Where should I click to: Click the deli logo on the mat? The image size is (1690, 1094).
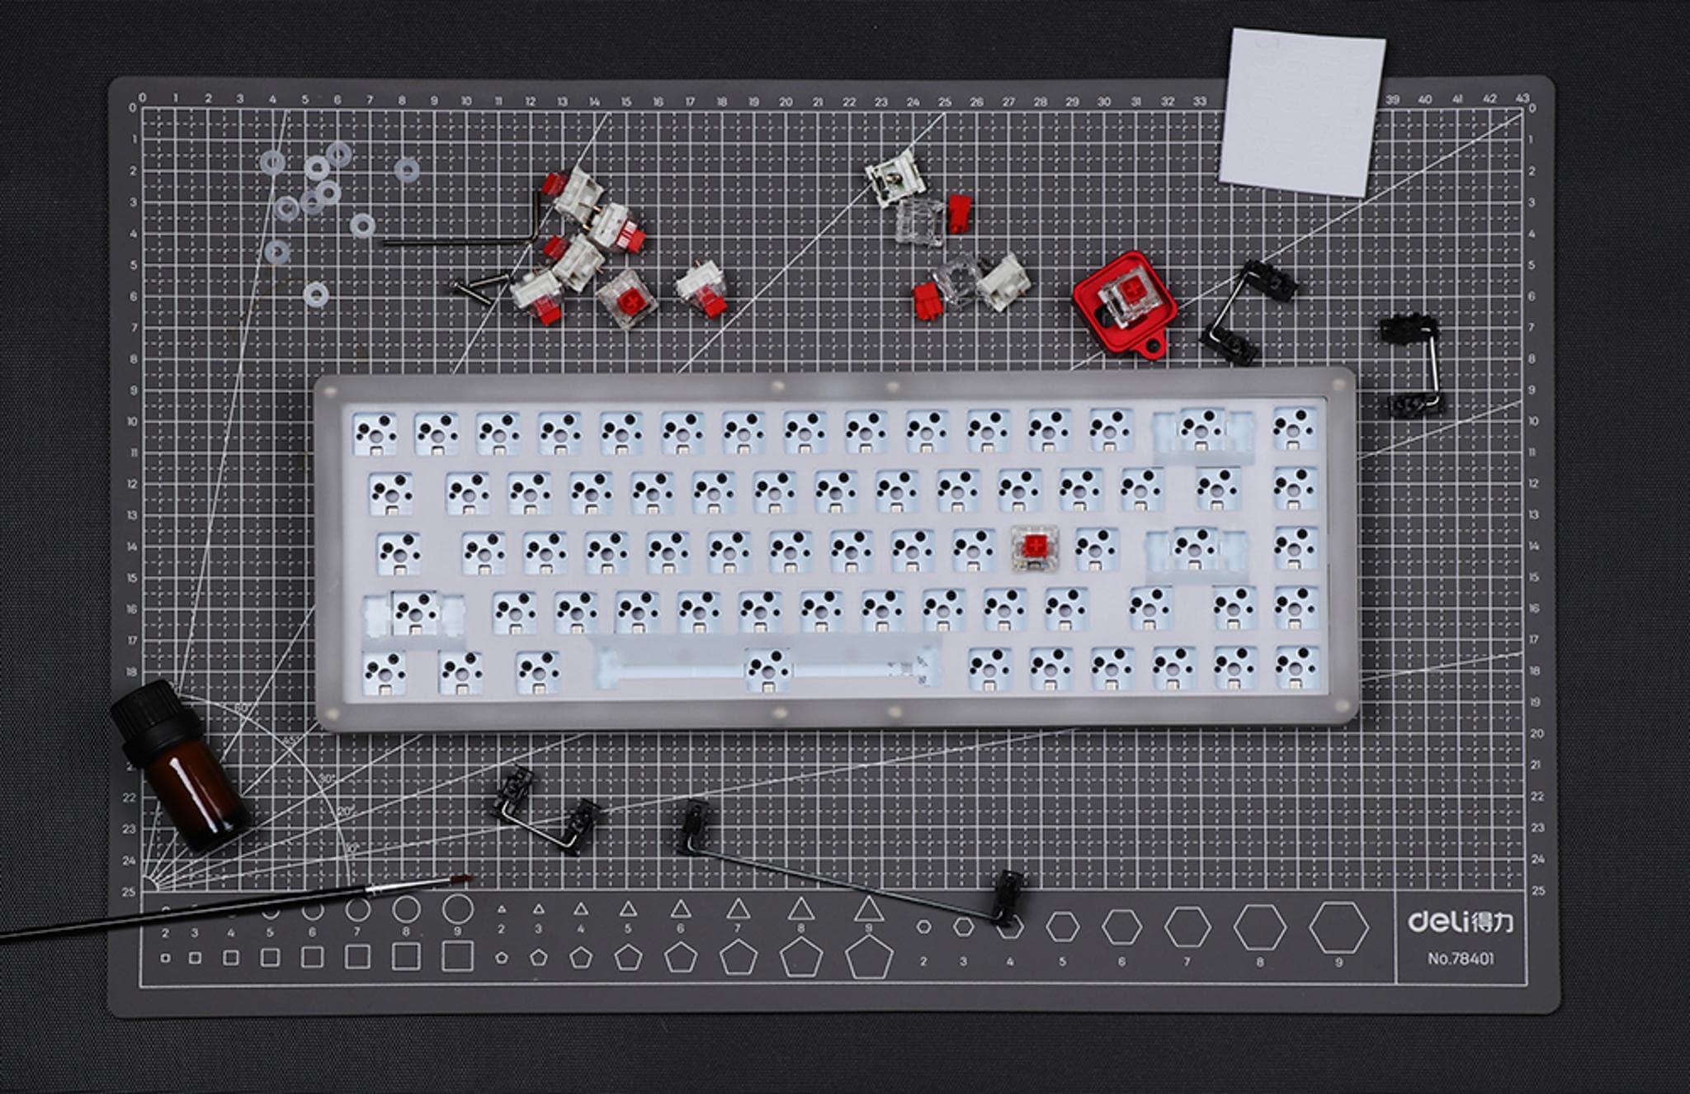pyautogui.click(x=1460, y=921)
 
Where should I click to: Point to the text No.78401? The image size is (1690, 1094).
pyautogui.click(x=1460, y=959)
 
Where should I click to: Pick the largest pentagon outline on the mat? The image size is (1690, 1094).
pyautogui.click(x=868, y=959)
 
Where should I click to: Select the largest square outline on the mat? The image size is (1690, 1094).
pyautogui.click(x=457, y=956)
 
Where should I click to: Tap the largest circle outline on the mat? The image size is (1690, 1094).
pyautogui.click(x=457, y=909)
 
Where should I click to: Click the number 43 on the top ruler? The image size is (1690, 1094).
pyautogui.click(x=1522, y=98)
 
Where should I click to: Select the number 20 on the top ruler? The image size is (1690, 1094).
pyautogui.click(x=786, y=102)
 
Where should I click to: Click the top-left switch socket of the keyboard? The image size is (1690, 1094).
pyautogui.click(x=375, y=433)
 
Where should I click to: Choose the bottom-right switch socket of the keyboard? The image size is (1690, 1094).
pyautogui.click(x=1296, y=668)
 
